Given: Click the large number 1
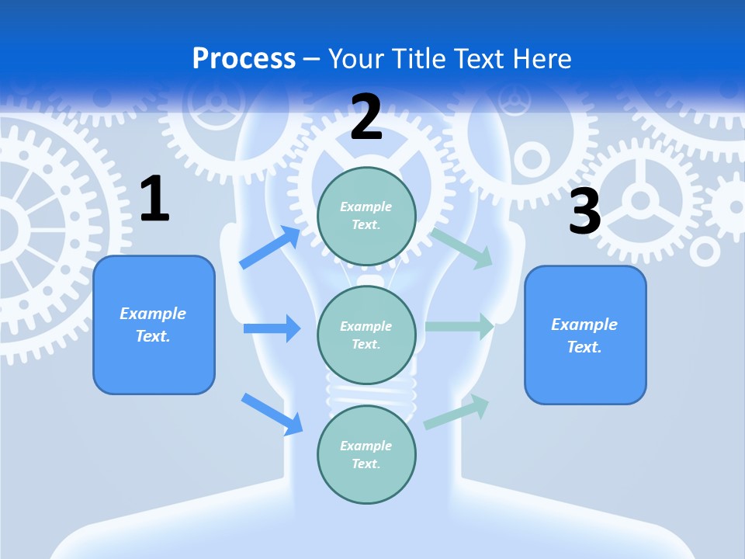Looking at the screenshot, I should (154, 200).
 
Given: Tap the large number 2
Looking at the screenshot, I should (366, 117).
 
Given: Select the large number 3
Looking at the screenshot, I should (585, 211).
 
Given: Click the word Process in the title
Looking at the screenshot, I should (244, 58).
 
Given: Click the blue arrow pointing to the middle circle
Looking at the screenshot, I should (272, 328).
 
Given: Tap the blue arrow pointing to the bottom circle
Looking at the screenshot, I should (272, 413).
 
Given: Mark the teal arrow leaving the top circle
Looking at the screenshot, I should (462, 248).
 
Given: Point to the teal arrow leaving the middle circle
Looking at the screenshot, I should (459, 327).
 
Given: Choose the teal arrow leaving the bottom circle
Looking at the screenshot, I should (456, 411).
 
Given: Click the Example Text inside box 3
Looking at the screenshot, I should (584, 335).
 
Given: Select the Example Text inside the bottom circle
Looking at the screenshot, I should (366, 454).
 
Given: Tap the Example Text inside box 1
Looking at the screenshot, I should (153, 325).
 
